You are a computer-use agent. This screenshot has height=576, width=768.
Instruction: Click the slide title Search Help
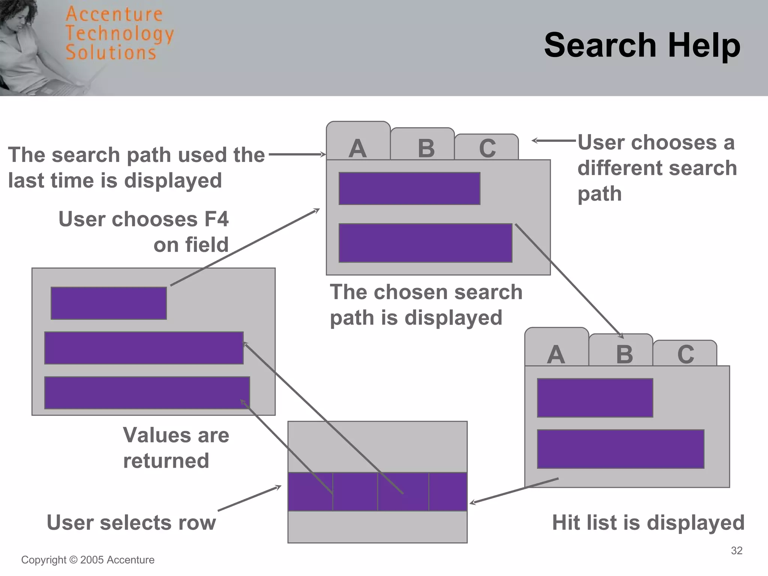coord(642,45)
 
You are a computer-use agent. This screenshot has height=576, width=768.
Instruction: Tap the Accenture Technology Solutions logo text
coord(119,34)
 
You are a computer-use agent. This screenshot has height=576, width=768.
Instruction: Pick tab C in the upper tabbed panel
coord(487,148)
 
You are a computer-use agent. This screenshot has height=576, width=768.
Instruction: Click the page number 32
coord(736,550)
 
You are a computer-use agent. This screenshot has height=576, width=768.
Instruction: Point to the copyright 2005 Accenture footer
coord(88,560)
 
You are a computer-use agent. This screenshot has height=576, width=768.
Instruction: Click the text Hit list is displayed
coord(648,522)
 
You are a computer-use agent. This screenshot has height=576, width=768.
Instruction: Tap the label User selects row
coord(131,522)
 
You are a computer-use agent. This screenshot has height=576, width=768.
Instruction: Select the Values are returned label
coord(175,448)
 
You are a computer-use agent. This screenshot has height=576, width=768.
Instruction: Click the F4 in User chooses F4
coord(216,219)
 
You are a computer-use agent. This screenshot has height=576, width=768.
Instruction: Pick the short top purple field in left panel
coord(109,303)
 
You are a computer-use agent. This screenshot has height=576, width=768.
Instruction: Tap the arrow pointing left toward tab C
coord(553,141)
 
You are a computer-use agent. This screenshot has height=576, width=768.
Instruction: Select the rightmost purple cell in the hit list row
coord(448,492)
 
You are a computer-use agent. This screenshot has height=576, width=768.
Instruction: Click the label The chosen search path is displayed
coord(426,304)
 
